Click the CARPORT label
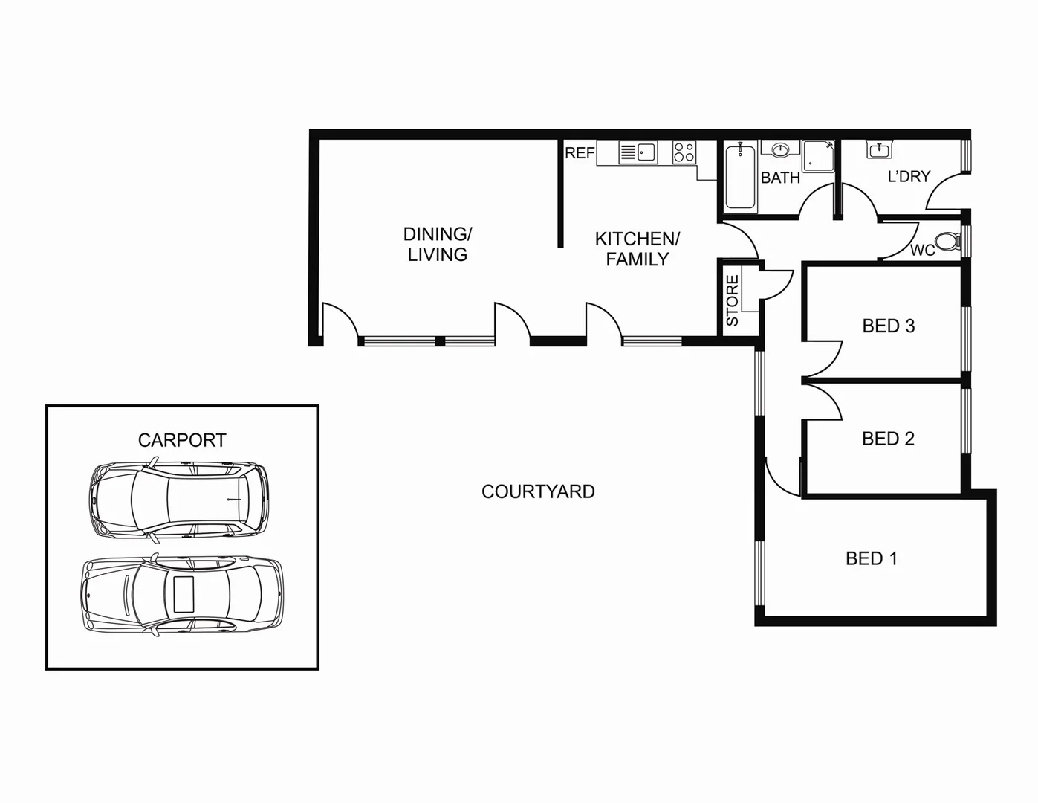[182, 440]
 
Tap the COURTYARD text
[538, 491]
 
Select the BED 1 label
[872, 558]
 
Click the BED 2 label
[888, 439]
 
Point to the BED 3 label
[888, 326]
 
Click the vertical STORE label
[733, 300]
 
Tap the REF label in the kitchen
[580, 153]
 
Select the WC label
[922, 251]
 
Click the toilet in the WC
[946, 241]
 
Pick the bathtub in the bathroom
[740, 177]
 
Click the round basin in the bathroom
[780, 150]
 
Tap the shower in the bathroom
[818, 155]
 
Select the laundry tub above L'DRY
[880, 149]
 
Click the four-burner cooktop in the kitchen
[684, 152]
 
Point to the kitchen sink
[638, 152]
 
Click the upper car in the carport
[178, 498]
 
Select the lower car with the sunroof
[182, 595]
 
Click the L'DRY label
[909, 177]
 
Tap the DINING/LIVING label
[437, 244]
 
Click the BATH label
[780, 178]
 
